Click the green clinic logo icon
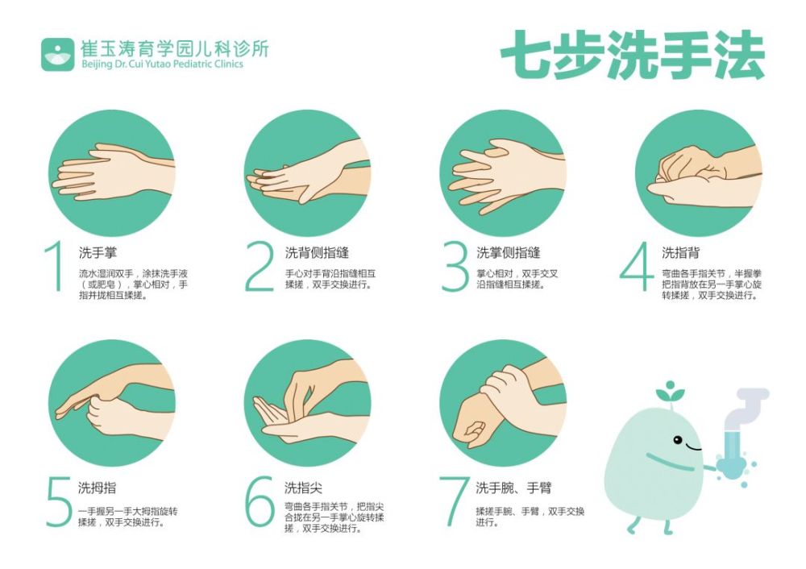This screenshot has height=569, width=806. pyautogui.click(x=57, y=54)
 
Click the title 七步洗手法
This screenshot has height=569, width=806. pyautogui.click(x=632, y=56)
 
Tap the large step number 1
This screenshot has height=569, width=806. pyautogui.click(x=55, y=265)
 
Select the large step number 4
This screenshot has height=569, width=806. pyautogui.click(x=637, y=265)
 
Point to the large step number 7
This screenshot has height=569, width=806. pyautogui.click(x=454, y=500)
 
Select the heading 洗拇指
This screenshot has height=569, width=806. pyautogui.click(x=97, y=488)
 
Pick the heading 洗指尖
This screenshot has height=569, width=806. pyautogui.click(x=303, y=488)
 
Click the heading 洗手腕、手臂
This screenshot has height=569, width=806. pyautogui.click(x=513, y=488)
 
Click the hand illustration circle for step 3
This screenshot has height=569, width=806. pyautogui.click(x=502, y=173)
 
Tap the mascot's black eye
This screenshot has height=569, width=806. pyautogui.click(x=677, y=440)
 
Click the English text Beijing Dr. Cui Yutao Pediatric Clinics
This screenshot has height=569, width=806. pyautogui.click(x=162, y=64)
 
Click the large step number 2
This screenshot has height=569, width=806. pyautogui.click(x=260, y=265)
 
